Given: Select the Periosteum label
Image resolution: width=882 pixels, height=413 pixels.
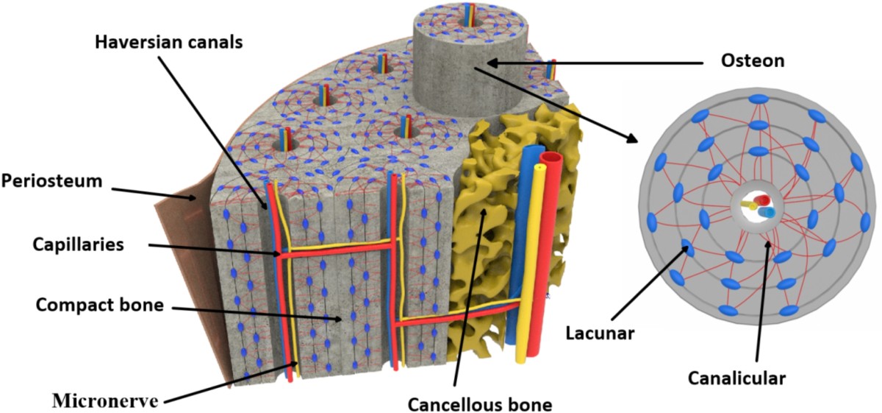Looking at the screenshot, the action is pyautogui.click(x=51, y=180).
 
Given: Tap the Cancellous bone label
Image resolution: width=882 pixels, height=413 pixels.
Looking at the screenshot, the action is pyautogui.click(x=480, y=403).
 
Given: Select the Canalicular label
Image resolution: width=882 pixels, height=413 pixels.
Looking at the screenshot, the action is pyautogui.click(x=737, y=378).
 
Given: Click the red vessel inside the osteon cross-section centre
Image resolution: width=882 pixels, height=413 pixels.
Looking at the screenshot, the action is pyautogui.click(x=761, y=201).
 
